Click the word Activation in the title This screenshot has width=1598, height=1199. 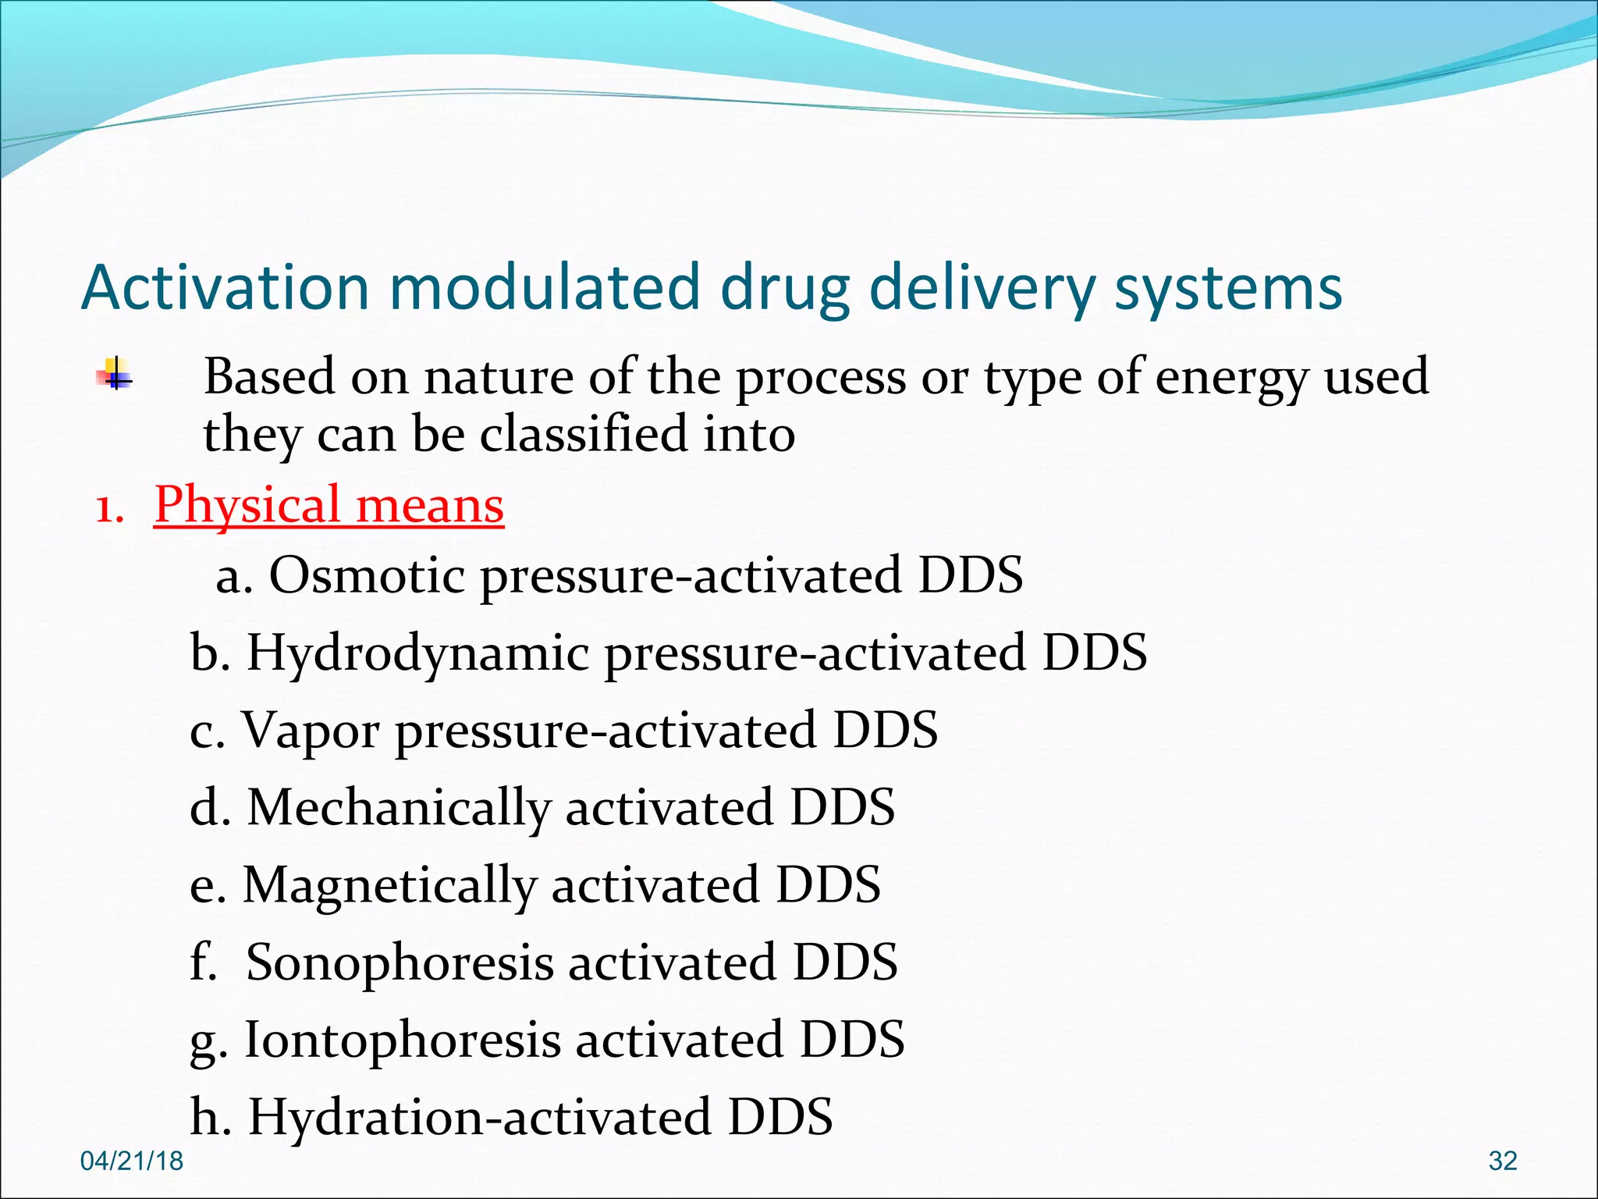(225, 287)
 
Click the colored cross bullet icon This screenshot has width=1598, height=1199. (114, 373)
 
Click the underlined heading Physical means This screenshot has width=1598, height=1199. (328, 504)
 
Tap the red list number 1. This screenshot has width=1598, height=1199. (108, 509)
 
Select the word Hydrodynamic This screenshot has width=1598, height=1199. (418, 653)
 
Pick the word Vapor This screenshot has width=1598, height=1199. (311, 731)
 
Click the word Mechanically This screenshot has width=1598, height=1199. (399, 807)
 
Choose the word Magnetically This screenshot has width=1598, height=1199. (389, 885)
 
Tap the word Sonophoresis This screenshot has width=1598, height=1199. (399, 962)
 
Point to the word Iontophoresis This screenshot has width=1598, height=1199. (403, 1040)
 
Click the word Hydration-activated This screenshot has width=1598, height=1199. (479, 1117)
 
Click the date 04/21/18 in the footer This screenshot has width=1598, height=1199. (132, 1161)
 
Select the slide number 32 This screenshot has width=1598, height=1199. (1502, 1161)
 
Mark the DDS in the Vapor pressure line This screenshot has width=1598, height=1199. (885, 731)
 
